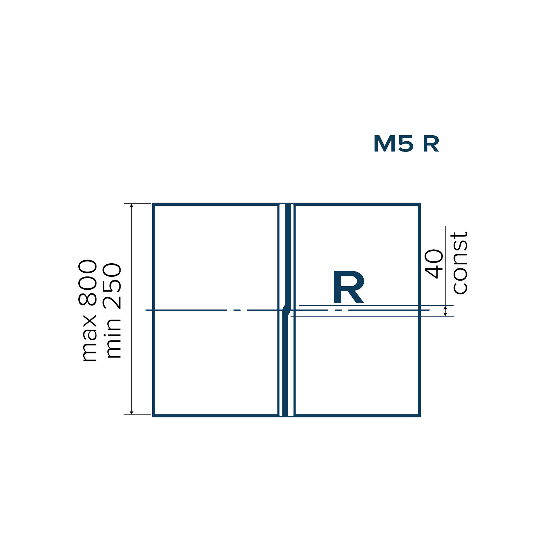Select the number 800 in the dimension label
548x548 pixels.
point(88,283)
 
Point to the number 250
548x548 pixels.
point(112,287)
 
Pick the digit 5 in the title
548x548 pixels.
point(406,144)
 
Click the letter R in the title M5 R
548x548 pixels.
point(431,144)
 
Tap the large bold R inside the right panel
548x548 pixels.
point(349,287)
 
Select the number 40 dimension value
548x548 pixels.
point(434,264)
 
